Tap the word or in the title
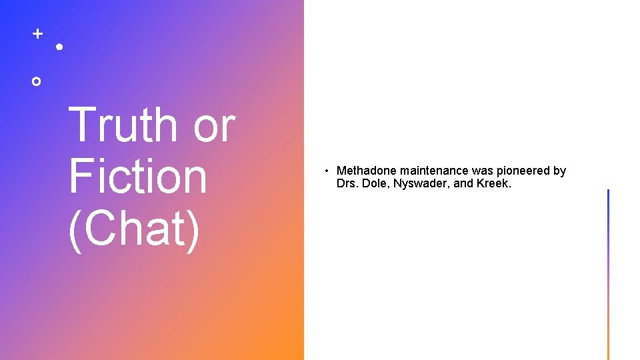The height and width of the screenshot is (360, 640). [x=214, y=125]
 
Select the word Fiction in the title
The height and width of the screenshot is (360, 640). [x=138, y=176]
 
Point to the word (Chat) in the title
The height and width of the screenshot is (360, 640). [x=134, y=228]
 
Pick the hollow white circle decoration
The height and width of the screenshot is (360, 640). [x=37, y=81]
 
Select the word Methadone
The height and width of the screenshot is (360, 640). [x=367, y=171]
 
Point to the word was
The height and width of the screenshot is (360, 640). [x=483, y=171]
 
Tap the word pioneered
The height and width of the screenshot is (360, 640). [x=523, y=171]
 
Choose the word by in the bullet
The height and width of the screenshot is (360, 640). [x=559, y=171]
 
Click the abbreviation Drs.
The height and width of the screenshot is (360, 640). [x=347, y=183]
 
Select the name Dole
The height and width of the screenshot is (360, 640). [x=376, y=183]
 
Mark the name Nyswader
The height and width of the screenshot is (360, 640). [x=421, y=183]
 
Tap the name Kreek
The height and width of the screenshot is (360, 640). [x=494, y=183]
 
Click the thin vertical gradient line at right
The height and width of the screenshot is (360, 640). [x=608, y=274]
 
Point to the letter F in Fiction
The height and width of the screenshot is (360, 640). [x=78, y=176]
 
